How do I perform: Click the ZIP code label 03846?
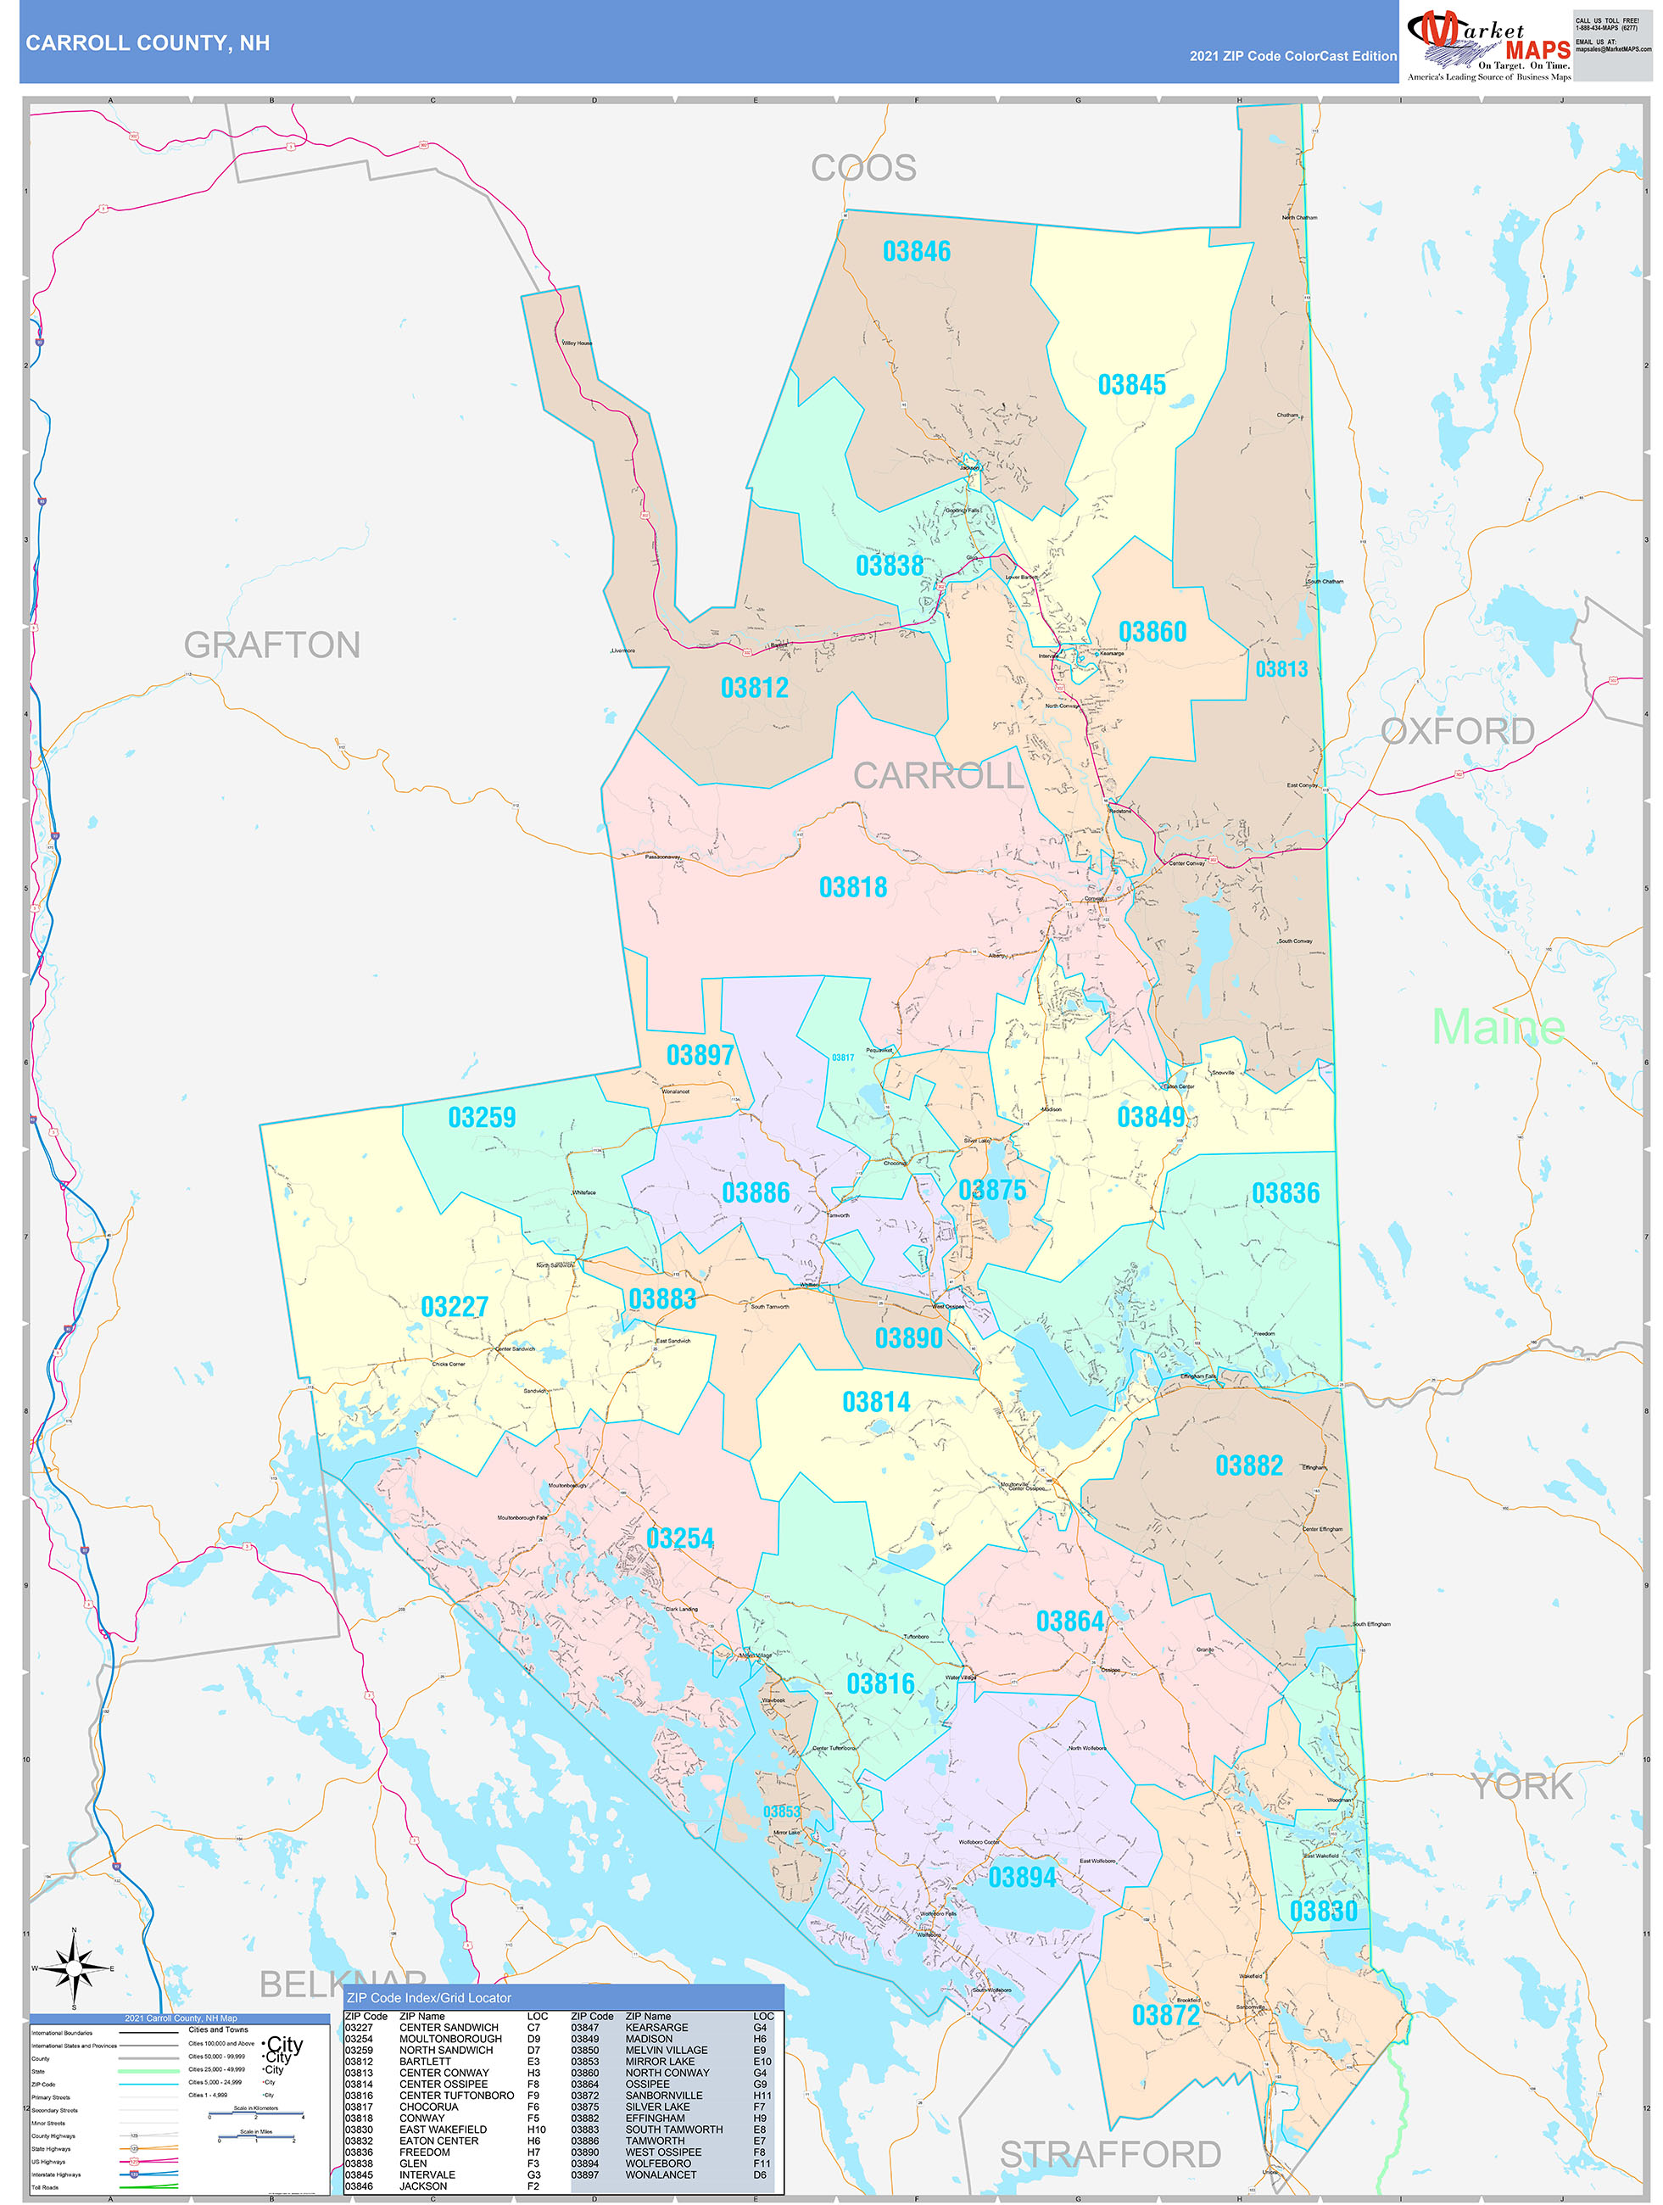[916, 251]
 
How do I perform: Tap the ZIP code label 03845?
[1131, 385]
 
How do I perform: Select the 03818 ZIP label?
[852, 887]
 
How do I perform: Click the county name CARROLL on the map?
[938, 775]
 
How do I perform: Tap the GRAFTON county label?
[271, 645]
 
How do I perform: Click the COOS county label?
[863, 167]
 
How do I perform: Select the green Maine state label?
[1498, 1027]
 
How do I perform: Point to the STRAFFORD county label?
[1111, 2154]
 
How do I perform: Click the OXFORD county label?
[1458, 731]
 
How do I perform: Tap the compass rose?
[74, 1968]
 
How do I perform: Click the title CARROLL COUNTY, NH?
[148, 43]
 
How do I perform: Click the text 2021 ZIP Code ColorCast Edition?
[1292, 56]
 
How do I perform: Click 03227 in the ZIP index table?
[359, 2028]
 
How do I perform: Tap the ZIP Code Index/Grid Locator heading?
[429, 1998]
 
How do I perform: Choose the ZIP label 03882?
[1248, 1465]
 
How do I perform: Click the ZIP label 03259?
[482, 1118]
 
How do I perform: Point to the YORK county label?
[1521, 1786]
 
